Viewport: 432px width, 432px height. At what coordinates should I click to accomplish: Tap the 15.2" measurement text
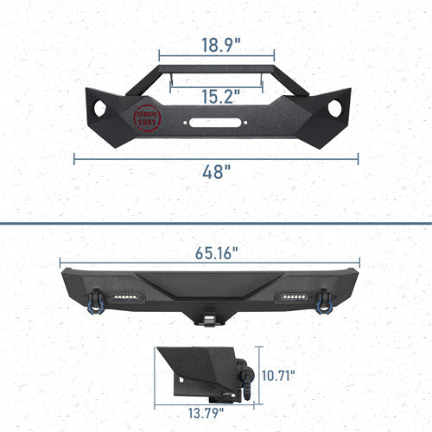pos(216,98)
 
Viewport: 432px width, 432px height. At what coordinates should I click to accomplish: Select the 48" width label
pos(216,171)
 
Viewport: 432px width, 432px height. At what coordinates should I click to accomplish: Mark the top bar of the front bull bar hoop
pos(216,68)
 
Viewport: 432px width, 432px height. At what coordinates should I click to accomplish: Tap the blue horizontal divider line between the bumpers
pos(216,223)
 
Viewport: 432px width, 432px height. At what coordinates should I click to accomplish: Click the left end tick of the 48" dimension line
pos(74,158)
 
